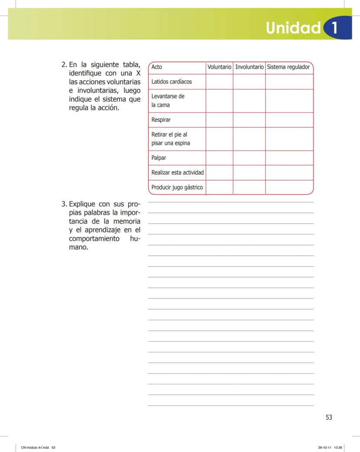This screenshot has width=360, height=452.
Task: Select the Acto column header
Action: coord(157,67)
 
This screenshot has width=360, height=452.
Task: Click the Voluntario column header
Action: coord(219,67)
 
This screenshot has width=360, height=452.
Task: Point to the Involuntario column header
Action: coord(249,67)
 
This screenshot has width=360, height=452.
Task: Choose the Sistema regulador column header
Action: coord(288,67)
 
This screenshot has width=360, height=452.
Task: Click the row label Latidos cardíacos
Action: coord(171,82)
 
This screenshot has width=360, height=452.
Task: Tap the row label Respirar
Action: coord(161,120)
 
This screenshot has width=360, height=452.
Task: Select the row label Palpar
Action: coord(159,158)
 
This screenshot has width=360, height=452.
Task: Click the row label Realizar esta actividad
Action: coord(177,173)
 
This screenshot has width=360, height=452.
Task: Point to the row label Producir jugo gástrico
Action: coord(177,187)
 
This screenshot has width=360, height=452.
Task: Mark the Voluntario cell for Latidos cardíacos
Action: coord(219,82)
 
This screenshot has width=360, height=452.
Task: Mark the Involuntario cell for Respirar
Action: coord(249,120)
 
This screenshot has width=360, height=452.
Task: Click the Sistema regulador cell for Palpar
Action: coord(289,158)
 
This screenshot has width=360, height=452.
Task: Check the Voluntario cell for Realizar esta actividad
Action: coord(219,173)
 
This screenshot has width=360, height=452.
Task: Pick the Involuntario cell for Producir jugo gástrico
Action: coord(249,187)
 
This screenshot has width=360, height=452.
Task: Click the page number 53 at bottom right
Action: coord(329,417)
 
